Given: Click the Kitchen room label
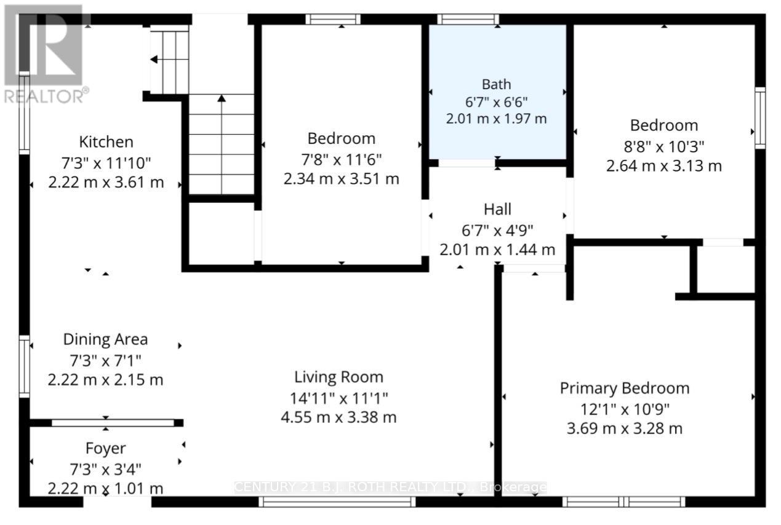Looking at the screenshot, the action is pos(106,142).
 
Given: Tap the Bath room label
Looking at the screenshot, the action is pos(496,84).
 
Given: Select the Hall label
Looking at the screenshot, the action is pos(497,210).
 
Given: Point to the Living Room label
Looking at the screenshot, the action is pos(338,377).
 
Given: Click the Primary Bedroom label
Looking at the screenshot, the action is pos(625,389).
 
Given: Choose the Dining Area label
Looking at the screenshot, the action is pos(105,339).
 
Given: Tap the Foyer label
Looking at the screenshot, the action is pos(105,449).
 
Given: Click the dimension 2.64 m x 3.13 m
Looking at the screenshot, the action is pos(663,166).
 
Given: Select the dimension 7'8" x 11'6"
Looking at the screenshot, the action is pos(341,160).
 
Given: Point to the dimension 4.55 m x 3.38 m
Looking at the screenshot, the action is pos(338,417).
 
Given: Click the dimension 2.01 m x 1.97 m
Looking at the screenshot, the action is pos(496,119).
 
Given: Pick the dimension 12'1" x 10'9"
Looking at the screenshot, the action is pos(625,409).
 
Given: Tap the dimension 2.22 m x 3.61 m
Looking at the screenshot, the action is pos(106,183).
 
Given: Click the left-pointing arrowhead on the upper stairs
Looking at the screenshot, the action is pos(154,60).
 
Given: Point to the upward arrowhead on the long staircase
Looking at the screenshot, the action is pos(222,98).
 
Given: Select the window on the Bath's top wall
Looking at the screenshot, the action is pos(468,19).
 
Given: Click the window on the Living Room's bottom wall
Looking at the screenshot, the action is pos(337,502).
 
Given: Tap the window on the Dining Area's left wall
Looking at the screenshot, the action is pos(24,366).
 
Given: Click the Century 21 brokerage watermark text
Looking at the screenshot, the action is pos(390,487).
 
